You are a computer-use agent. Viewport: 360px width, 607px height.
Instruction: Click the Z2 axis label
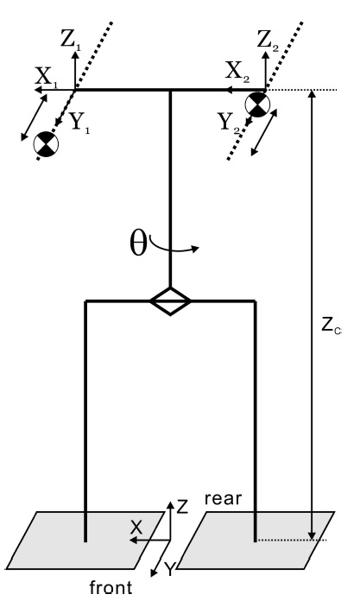tap(268, 40)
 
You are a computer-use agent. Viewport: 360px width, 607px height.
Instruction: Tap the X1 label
tap(46, 77)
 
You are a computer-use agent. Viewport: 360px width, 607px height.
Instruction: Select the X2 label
tap(237, 72)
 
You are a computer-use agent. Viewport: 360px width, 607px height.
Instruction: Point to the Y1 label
tap(79, 123)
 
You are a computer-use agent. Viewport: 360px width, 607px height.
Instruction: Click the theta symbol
tap(138, 243)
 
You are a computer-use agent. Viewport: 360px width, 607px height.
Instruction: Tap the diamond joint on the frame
tap(170, 301)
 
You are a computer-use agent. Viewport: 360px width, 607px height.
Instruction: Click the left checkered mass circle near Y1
tap(46, 144)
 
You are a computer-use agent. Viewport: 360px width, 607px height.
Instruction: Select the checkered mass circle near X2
tap(257, 104)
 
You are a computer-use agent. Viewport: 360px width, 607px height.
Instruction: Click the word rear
tap(223, 498)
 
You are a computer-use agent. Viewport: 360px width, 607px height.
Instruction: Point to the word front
tap(111, 587)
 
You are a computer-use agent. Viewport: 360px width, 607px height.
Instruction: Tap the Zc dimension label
tap(331, 326)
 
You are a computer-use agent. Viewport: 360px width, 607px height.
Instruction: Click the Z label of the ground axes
tap(182, 507)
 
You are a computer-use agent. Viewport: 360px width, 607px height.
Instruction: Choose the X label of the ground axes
tap(136, 528)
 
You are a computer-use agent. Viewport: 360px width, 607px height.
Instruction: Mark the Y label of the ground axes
tap(169, 570)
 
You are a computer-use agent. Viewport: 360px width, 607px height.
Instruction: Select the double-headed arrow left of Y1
tap(34, 117)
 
